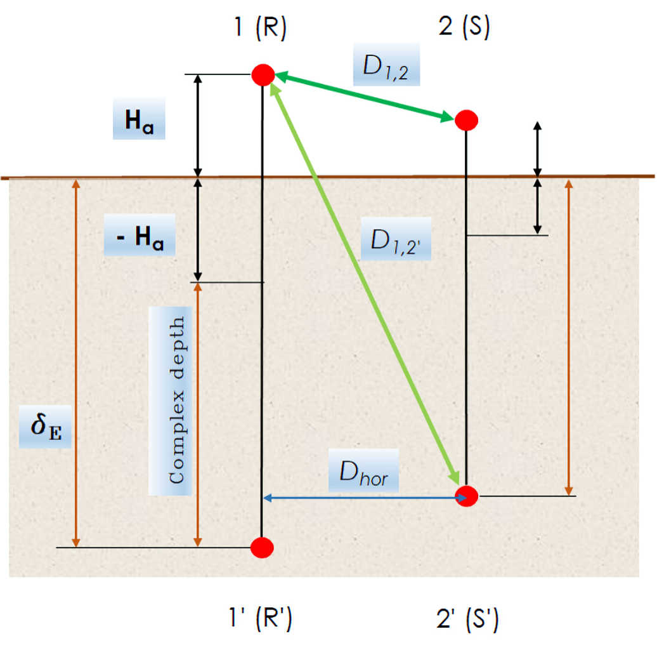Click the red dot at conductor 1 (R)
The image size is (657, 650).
(262, 74)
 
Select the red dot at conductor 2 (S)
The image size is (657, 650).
(466, 119)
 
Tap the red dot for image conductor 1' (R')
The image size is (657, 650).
(262, 547)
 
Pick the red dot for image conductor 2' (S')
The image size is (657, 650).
(467, 496)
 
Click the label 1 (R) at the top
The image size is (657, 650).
(258, 29)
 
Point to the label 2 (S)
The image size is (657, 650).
(464, 29)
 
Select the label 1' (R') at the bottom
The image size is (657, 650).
(261, 619)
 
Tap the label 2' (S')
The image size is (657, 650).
(467, 619)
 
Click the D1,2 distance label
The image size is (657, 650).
(386, 65)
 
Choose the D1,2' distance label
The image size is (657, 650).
(396, 241)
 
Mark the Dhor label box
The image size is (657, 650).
(363, 470)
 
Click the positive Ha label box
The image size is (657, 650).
(139, 119)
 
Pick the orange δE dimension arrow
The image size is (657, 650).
(76, 362)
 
